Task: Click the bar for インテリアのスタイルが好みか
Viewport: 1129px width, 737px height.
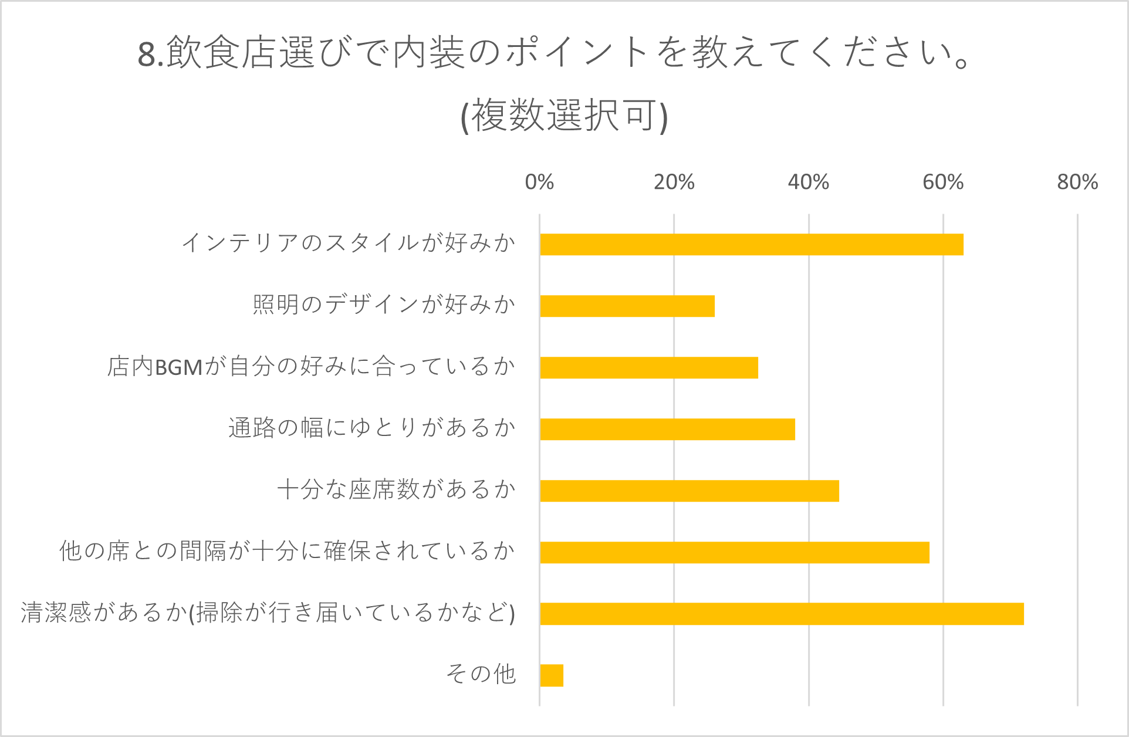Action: tap(751, 244)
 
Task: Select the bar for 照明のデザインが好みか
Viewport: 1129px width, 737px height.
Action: tap(627, 306)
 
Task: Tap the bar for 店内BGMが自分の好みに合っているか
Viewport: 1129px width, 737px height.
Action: tap(648, 367)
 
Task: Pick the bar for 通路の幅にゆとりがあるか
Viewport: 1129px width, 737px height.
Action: tap(667, 429)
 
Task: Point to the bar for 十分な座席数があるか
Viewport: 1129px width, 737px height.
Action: tap(689, 491)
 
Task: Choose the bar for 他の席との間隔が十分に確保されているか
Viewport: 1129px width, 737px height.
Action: tap(734, 552)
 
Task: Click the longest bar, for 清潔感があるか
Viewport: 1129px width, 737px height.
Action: tap(782, 614)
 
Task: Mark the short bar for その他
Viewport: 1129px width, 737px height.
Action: tap(552, 675)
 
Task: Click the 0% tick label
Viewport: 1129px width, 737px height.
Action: tap(539, 182)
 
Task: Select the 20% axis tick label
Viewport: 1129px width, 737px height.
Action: tap(674, 182)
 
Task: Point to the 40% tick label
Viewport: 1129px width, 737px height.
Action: tap(808, 182)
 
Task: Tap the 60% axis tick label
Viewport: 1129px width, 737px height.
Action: tap(942, 182)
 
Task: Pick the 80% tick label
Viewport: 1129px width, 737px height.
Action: tap(1077, 182)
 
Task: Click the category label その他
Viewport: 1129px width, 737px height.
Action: tap(481, 674)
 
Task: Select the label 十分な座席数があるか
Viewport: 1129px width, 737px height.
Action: tap(396, 489)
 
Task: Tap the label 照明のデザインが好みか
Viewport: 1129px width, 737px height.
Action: tap(384, 305)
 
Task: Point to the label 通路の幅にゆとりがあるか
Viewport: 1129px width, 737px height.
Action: tap(371, 428)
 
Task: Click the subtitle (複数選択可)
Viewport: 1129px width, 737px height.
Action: tap(564, 116)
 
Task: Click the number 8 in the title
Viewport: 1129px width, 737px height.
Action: tap(146, 55)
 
